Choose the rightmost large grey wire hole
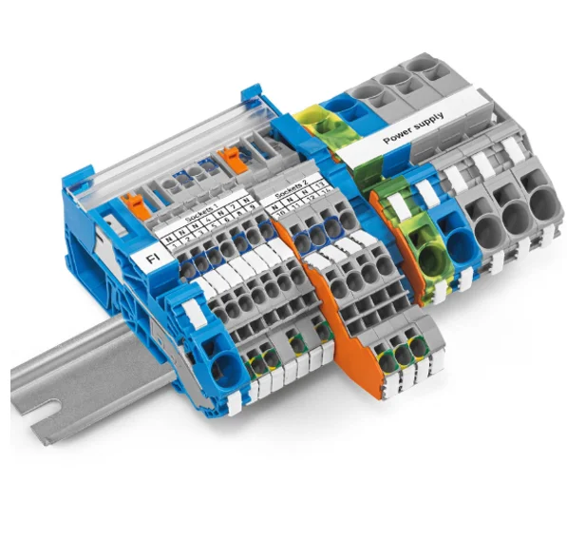coord(544,206)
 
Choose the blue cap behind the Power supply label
coord(336,107)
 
